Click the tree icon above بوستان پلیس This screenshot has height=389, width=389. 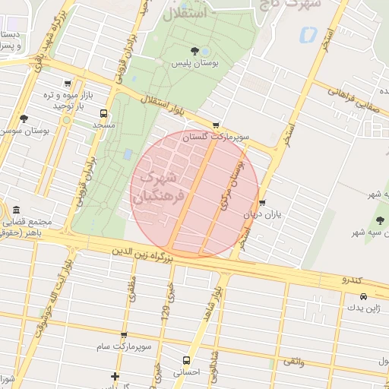coord(195,51)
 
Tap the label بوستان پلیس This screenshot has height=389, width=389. coord(194,65)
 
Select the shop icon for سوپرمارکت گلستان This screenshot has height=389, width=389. coord(216,125)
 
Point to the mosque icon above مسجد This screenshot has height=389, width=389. coord(103,114)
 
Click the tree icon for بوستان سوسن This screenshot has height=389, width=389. coord(24,119)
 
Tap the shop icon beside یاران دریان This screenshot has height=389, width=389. coord(262,203)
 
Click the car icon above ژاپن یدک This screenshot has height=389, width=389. coord(363,296)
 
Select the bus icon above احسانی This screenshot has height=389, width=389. coord(186,360)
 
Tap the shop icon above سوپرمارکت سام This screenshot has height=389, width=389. coord(124,334)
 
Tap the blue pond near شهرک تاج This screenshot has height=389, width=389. coord(308,34)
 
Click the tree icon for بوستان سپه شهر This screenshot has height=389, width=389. coord(379,220)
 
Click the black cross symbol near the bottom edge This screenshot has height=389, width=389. coord(115,376)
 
